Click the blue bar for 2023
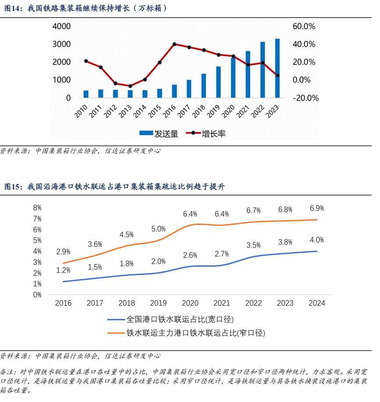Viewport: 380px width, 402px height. [277, 68]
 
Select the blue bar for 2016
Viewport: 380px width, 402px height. [174, 91]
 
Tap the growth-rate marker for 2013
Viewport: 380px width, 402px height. [130, 86]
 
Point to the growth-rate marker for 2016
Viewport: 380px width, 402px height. [174, 44]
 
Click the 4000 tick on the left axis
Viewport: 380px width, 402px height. [61, 26]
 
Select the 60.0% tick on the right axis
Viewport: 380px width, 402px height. [304, 26]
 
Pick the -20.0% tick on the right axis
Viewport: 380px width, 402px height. [305, 98]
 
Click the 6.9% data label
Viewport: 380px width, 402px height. [316, 208]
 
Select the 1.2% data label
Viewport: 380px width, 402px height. [63, 270]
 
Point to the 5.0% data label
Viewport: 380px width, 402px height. [158, 229]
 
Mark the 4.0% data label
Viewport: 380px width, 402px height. [316, 240]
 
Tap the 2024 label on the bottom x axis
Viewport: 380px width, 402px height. [316, 303]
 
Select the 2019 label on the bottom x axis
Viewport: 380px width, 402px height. [158, 303]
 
